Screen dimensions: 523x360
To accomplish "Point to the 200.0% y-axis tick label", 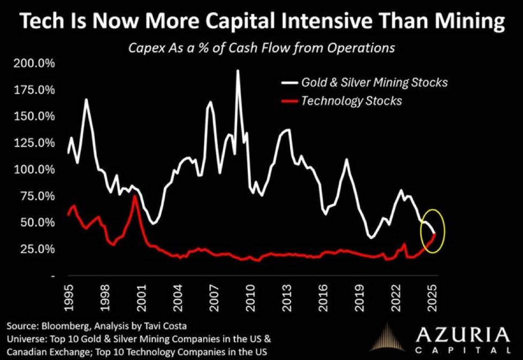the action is pos(34,63).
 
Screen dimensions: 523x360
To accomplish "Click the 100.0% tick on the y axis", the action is pos(34,170).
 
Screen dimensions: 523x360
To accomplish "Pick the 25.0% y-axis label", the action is pos(37,249).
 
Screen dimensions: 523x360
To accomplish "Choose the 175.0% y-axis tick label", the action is pos(34,90).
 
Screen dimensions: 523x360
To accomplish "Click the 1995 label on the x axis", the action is pos(69,297).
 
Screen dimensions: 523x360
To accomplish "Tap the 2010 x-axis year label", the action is pos(251,297).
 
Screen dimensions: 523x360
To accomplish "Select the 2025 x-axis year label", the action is pos(433,297).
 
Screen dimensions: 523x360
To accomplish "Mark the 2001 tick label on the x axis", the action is pos(141,297).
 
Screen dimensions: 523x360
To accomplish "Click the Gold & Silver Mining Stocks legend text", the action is pos(374,82).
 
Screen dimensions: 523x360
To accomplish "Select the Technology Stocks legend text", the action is pos(352,101).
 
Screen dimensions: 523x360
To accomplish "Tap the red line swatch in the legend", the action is pos(289,101).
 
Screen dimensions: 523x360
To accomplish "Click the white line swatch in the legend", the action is pos(289,82).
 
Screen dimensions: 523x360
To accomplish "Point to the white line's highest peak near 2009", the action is pos(238,70).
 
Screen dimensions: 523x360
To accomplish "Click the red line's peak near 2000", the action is pos(134,196).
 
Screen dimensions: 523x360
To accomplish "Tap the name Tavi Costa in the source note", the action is pos(165,326).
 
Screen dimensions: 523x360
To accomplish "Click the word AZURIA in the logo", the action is pos(463,334).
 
